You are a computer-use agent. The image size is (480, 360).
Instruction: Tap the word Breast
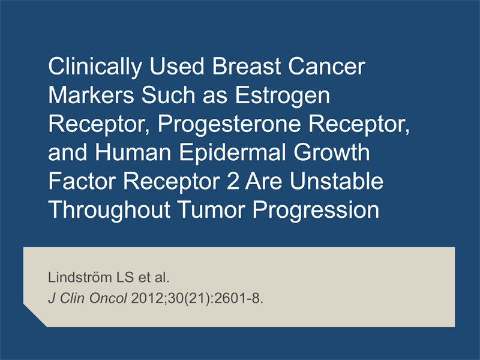pos(247,66)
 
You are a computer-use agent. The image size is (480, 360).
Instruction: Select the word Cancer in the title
pos(326,66)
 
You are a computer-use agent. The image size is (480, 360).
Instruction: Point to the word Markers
pos(91,95)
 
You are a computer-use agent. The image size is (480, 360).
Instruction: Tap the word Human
pos(133,152)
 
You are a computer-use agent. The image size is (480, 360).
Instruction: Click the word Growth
pos(332,152)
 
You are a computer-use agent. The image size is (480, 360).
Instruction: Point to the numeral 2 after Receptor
pos(233,181)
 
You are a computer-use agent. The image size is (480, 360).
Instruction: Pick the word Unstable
pos(337,181)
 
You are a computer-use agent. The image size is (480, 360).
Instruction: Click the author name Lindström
pos(80,277)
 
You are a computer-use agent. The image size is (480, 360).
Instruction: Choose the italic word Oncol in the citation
pos(108,298)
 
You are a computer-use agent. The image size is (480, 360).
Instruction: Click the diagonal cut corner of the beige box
pos(35,316)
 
